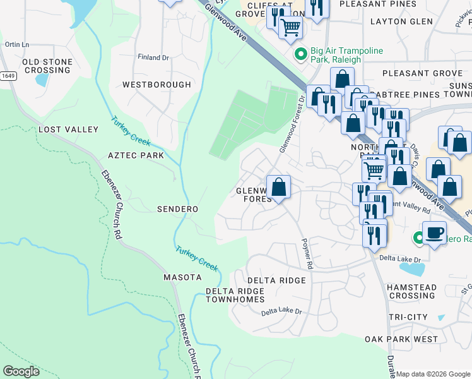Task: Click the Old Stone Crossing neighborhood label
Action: [47, 66]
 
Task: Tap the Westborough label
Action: [156, 85]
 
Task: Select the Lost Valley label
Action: [69, 129]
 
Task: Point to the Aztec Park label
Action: [136, 155]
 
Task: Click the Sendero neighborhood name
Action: [177, 209]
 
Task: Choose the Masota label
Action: [182, 277]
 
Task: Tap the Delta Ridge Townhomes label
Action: [235, 295]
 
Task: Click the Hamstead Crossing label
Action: [411, 292]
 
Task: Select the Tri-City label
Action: [408, 317]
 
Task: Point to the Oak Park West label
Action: [401, 339]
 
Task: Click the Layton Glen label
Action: [401, 21]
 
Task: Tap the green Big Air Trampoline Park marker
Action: [301, 54]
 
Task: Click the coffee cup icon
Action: [434, 232]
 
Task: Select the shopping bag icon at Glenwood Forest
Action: [278, 187]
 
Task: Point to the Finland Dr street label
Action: [154, 57]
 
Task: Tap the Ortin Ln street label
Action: [17, 45]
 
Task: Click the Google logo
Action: [21, 371]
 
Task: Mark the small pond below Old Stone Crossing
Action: [42, 80]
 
